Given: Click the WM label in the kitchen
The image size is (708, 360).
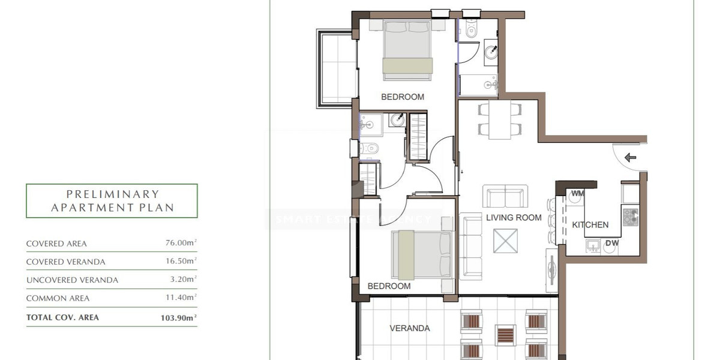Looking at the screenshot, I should tap(578, 194).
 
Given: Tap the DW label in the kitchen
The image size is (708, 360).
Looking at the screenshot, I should tap(611, 243).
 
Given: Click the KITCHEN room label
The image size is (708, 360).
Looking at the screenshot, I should tap(590, 225).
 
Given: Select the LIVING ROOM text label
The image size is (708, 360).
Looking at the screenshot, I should tap(514, 218).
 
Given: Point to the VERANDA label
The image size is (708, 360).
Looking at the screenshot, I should tap(410, 328).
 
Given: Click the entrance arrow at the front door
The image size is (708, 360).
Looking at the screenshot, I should tap(630, 158).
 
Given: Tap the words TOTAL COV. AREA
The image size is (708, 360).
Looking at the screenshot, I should tap(62, 317).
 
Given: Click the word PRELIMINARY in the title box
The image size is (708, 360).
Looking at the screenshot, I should tap(112, 194).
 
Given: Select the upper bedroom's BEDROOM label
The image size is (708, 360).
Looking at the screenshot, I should tap(403, 97).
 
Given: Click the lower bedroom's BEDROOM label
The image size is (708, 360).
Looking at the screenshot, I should tap(389, 286).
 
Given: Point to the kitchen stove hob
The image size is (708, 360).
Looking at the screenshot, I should tap(630, 217).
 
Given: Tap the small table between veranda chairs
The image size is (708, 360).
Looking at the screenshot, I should tap(505, 334).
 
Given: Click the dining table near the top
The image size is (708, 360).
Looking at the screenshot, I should tap(499, 119).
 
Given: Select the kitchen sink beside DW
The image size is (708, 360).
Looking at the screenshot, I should tap(593, 245).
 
